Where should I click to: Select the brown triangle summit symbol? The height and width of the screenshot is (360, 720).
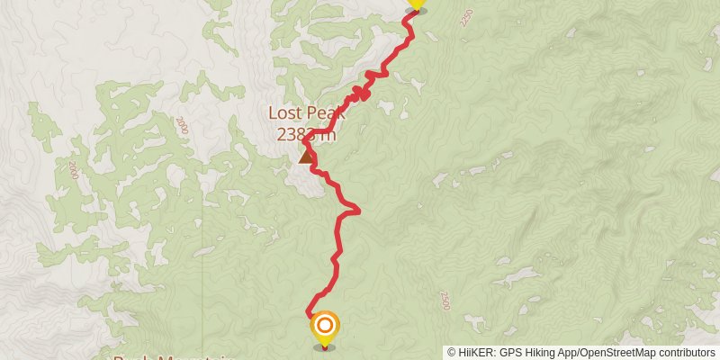[x=306, y=157]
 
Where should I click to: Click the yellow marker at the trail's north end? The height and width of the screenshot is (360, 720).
[x=416, y=4]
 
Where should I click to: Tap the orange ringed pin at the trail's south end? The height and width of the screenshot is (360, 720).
[x=325, y=327]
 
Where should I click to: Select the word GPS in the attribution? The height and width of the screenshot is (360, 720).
[x=512, y=353]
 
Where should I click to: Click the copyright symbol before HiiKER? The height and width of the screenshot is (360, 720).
[x=453, y=353]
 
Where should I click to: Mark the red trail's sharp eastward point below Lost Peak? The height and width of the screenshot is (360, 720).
[x=358, y=211]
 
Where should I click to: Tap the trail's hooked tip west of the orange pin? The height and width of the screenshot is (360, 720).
[x=309, y=313]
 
